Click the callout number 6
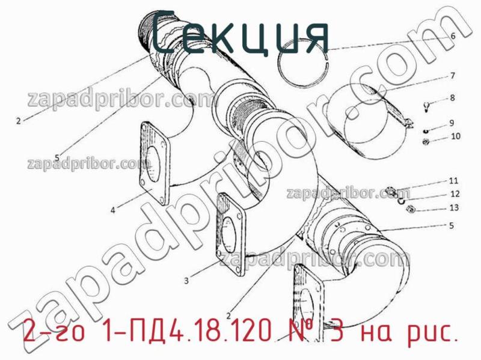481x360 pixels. coord(453,36)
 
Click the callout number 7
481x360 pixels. coord(452,76)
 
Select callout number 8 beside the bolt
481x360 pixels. coord(452,97)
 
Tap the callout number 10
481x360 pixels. coord(455,136)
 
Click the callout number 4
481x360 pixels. coord(113,210)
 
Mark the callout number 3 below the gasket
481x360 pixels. coord(186,280)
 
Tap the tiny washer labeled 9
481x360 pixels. coord(425,130)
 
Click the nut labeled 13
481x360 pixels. coord(411,209)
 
